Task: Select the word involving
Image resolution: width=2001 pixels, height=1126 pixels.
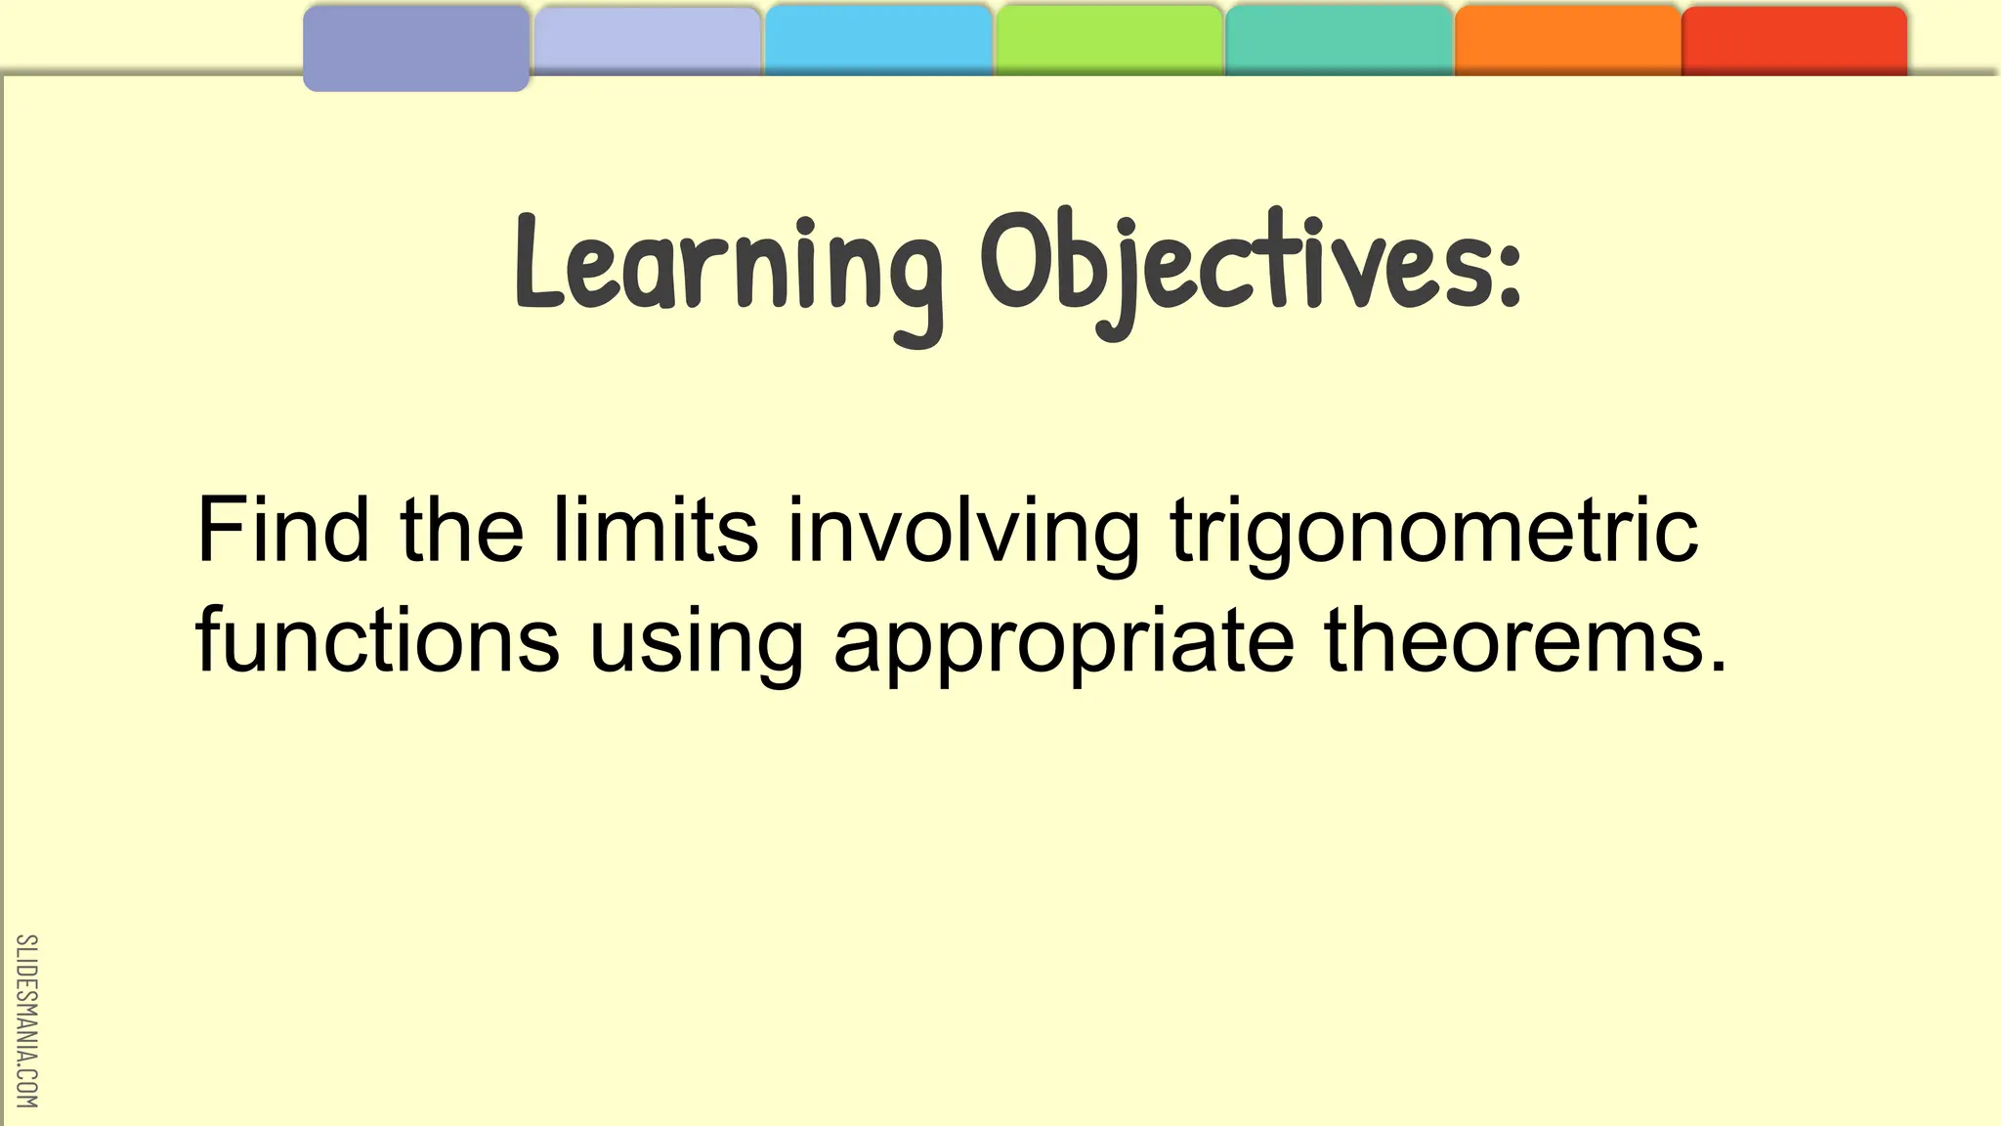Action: click(x=963, y=533)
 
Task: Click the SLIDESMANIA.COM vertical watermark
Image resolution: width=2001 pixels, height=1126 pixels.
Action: click(x=26, y=1020)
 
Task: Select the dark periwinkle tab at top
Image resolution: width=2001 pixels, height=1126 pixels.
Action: click(x=416, y=48)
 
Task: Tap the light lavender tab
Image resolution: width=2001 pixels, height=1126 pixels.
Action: click(x=647, y=41)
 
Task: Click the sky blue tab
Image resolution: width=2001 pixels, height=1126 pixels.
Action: click(x=877, y=41)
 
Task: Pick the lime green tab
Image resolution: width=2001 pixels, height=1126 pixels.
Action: click(x=1108, y=41)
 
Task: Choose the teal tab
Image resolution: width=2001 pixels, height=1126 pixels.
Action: click(x=1339, y=41)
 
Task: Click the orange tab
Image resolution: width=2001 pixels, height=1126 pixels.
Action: click(x=1567, y=41)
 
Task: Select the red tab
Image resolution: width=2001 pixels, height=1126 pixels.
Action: click(x=1794, y=41)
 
